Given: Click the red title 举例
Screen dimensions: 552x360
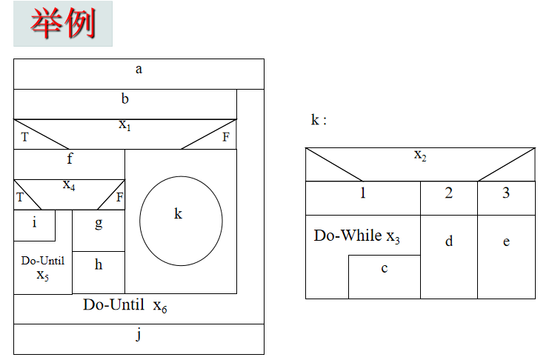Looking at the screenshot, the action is click(x=63, y=24).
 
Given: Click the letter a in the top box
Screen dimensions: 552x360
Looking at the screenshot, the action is click(x=139, y=70).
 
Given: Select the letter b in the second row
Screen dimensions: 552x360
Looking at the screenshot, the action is click(x=125, y=99).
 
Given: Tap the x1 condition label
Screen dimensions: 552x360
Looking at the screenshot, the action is click(x=124, y=124).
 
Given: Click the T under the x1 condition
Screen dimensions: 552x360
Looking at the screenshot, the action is click(x=24, y=137).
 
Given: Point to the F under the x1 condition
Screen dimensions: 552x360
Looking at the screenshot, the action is click(x=225, y=137).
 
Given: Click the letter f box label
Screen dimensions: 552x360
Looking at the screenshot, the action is click(x=70, y=158).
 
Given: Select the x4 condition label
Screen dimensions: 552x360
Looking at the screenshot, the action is click(x=68, y=184).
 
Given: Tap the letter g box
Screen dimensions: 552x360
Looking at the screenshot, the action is click(x=99, y=222).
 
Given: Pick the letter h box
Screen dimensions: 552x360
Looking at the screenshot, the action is click(x=99, y=264).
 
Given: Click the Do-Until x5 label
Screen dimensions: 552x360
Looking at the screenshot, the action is click(x=42, y=267).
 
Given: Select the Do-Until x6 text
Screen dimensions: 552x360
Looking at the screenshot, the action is click(x=124, y=305).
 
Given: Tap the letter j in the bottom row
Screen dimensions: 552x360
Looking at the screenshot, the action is click(x=139, y=335).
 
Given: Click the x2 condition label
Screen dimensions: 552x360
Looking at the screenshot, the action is click(x=420, y=155).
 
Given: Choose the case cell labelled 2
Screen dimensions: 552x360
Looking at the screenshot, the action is click(x=449, y=194).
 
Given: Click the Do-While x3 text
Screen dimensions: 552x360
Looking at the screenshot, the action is click(x=357, y=236).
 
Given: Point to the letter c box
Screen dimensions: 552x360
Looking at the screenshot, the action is click(x=384, y=269).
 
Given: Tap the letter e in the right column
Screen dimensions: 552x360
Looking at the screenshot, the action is click(x=506, y=242).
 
